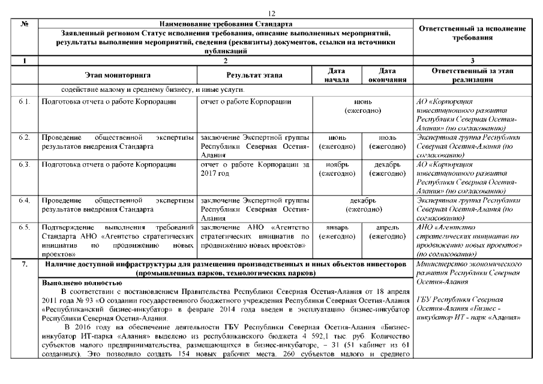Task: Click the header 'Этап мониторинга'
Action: [x=118, y=75]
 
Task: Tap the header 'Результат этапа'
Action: [x=254, y=75]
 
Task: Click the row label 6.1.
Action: [x=25, y=101]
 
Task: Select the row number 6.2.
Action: [x=25, y=137]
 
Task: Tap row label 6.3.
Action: [x=25, y=164]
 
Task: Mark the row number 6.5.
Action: [x=25, y=227]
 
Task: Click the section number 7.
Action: [x=25, y=265]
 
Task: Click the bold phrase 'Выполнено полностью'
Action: [x=80, y=283]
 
